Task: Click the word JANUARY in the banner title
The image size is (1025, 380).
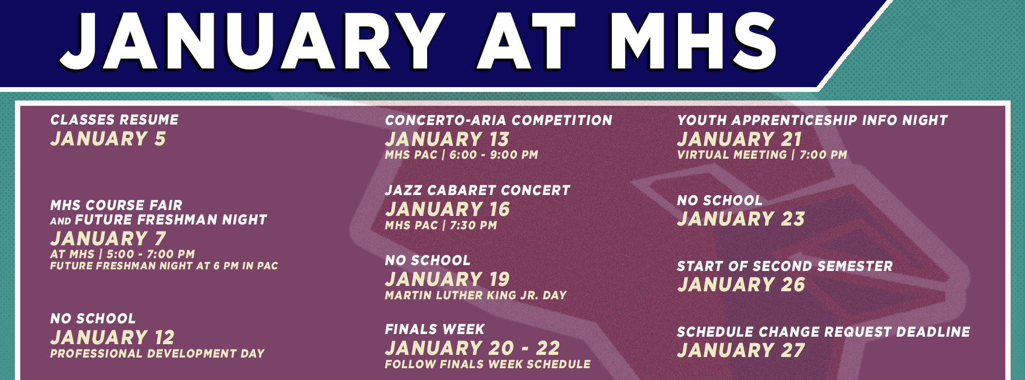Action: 251,42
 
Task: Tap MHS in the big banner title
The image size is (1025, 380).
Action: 692,42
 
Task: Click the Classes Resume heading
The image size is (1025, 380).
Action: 114,120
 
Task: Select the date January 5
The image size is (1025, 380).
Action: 108,139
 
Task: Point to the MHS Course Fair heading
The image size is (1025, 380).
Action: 116,205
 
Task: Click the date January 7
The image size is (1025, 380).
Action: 108,238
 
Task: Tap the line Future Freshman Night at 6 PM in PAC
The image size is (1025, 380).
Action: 164,266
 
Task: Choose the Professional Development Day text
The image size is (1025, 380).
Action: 157,353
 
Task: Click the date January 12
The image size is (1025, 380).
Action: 112,337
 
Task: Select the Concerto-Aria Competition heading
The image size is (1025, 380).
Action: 499,120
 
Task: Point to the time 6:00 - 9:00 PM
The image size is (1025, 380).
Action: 494,155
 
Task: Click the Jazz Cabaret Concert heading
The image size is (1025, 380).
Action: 478,190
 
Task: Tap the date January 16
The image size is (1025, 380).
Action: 447,210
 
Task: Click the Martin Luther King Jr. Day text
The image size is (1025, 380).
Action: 476,295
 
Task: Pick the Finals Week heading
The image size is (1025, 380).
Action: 435,329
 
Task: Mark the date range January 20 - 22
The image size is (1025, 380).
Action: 472,348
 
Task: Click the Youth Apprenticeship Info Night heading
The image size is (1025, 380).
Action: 813,120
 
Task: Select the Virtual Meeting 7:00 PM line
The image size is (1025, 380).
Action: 762,155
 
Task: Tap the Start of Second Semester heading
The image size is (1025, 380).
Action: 785,266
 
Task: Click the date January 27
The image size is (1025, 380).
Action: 741,351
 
